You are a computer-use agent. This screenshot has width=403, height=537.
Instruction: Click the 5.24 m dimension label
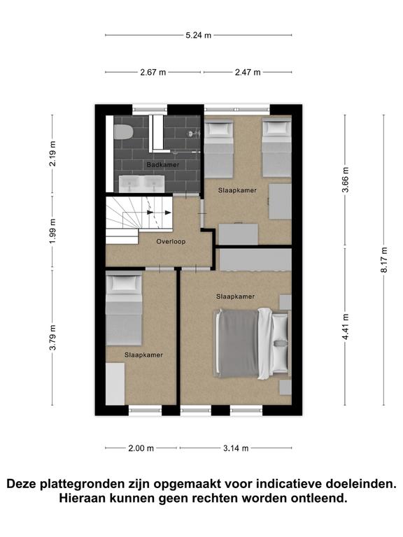(199, 35)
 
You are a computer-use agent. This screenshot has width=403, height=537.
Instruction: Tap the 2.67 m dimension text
(153, 72)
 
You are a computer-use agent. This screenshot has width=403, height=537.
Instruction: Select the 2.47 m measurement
(248, 72)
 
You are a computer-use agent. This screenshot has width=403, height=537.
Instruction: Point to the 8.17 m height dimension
(384, 260)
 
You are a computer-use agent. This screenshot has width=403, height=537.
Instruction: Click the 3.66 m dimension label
(345, 180)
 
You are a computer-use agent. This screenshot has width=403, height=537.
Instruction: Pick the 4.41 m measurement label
(345, 327)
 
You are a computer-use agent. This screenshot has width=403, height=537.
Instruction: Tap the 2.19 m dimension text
(52, 154)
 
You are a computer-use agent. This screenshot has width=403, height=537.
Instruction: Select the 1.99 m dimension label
(52, 231)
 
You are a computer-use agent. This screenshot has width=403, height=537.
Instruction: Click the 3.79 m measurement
(52, 338)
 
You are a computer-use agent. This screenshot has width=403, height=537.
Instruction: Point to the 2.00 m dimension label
(141, 448)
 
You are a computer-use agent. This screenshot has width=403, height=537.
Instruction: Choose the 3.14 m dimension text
(236, 448)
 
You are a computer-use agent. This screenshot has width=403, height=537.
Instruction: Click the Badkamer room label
(163, 165)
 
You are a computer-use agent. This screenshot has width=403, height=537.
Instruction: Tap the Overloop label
(171, 241)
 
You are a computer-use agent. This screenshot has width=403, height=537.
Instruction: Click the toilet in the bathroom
(123, 132)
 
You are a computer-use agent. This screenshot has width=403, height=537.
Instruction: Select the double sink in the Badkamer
(142, 184)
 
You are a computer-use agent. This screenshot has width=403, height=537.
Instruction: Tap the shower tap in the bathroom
(192, 134)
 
